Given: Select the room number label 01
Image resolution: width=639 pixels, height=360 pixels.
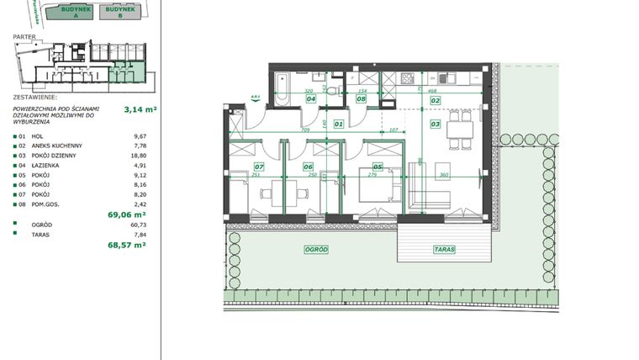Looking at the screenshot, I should pos(339,124).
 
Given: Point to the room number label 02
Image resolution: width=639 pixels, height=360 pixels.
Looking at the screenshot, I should pos(436,100).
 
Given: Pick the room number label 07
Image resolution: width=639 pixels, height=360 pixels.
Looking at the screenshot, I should pos(259,167).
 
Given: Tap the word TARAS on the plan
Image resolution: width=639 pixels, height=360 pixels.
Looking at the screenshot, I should pos(445,250).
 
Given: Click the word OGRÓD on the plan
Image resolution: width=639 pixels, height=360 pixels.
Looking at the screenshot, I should pos(317,250).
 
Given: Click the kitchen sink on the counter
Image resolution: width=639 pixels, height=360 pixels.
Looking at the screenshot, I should pos(451,78).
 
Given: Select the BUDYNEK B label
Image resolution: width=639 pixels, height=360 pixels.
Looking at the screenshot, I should pos(119,12).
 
